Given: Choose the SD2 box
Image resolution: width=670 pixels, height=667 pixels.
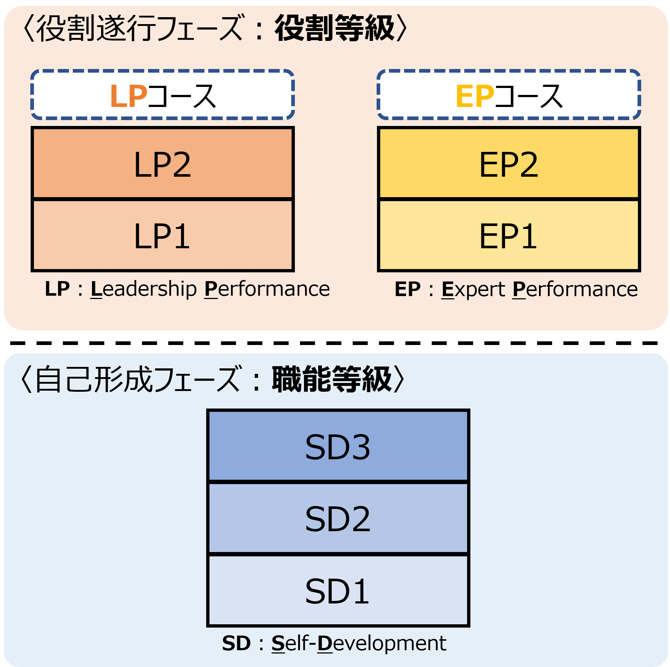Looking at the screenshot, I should (338, 518).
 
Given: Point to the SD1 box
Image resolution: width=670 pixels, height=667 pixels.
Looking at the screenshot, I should (338, 591).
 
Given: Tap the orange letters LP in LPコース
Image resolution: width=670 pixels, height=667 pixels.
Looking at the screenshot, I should (128, 96).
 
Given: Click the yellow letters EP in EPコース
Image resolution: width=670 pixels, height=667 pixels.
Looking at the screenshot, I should (475, 96).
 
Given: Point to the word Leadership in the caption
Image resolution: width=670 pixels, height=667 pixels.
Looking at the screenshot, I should (143, 289).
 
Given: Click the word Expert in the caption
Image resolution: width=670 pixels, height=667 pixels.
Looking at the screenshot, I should (473, 289).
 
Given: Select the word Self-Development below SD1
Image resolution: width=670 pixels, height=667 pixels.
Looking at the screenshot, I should (359, 643).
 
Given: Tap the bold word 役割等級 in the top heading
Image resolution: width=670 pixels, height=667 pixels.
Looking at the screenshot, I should (335, 28).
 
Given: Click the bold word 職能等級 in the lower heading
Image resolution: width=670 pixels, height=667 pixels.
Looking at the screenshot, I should (332, 380).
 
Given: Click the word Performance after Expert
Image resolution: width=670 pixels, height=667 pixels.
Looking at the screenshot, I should (575, 289).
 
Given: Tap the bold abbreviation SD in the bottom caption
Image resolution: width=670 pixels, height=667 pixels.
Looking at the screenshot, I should (236, 643).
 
